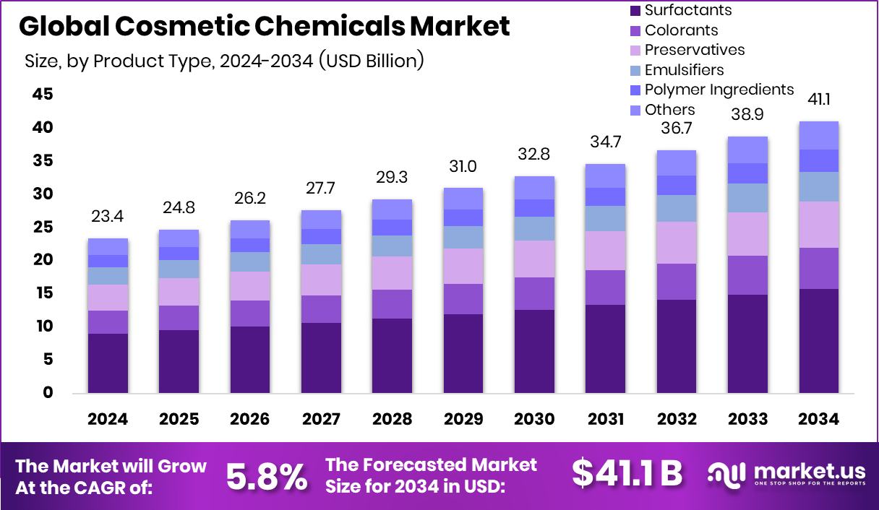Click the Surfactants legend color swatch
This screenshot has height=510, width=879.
pos(635,11)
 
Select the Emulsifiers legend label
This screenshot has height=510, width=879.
pos(684,70)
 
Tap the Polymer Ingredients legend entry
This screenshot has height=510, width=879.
pos(719,90)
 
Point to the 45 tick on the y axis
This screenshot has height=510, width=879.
pos(43,95)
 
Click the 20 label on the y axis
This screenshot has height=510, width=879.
pos(43,260)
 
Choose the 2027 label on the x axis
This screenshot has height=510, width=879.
pos(321,420)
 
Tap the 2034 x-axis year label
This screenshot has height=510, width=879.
pos(818,420)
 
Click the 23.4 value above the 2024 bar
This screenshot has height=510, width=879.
pos(107,216)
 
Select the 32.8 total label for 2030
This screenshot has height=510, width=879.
pos(534,154)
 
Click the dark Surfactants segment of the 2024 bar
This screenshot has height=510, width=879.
pos(108,363)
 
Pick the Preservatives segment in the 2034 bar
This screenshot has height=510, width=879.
pos(818,225)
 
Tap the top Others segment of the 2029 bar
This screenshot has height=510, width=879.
pos(463,199)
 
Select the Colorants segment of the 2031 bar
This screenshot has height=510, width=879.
pos(605,288)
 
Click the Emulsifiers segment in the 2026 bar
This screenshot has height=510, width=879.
pos(249,262)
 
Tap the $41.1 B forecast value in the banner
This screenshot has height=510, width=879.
pos(627,474)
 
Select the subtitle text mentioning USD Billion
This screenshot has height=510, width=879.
pos(224,61)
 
